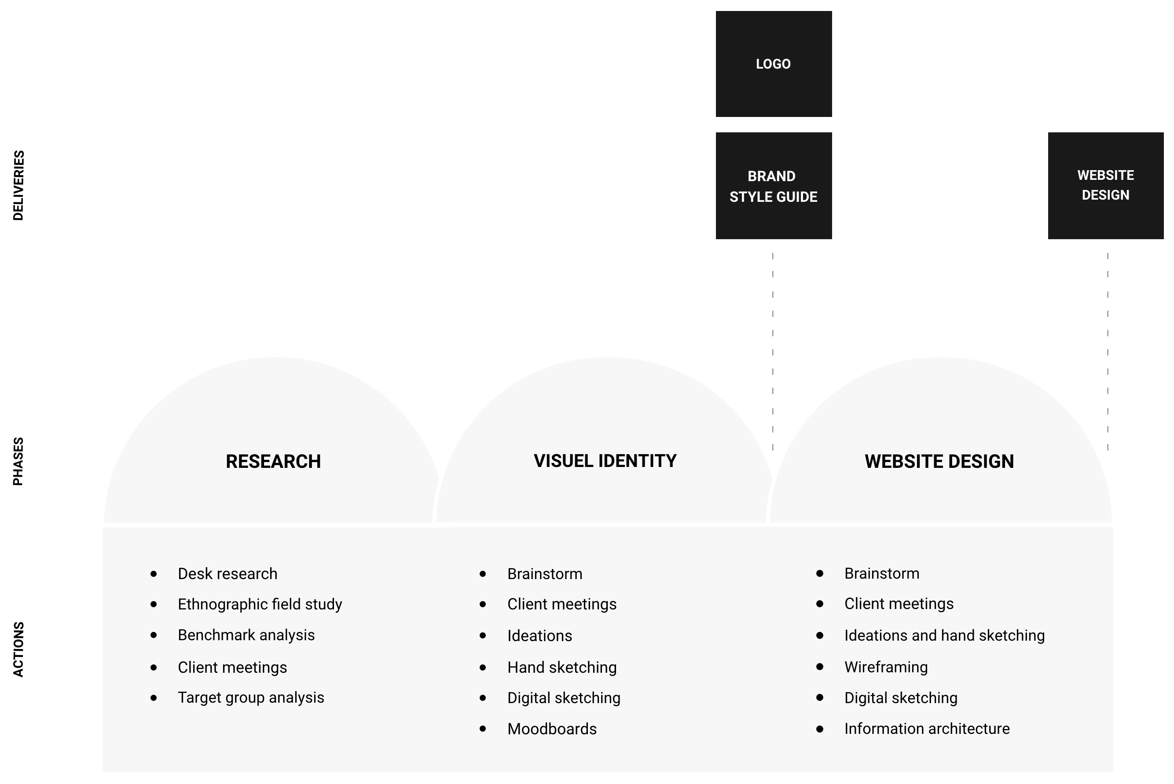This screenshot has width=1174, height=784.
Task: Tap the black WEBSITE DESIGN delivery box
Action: (x=1105, y=186)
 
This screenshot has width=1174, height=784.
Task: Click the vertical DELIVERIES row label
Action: (x=18, y=186)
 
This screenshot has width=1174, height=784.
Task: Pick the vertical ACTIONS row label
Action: (x=18, y=649)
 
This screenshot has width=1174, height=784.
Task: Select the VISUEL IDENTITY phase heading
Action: (x=605, y=461)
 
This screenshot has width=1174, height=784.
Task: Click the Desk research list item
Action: (x=227, y=574)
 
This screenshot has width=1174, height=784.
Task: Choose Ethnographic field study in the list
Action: (x=260, y=605)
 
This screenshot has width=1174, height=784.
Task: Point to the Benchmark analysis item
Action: (x=246, y=635)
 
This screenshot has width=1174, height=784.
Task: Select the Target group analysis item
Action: (x=251, y=698)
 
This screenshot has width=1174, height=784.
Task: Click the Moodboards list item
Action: (x=552, y=729)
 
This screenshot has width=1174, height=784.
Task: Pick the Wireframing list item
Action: (x=886, y=667)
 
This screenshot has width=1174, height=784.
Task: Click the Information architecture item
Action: (x=927, y=729)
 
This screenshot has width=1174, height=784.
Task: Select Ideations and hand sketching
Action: (x=944, y=636)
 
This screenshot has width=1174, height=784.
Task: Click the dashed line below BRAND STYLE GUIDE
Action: (x=773, y=350)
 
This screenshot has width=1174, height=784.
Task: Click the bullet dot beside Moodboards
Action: (x=483, y=729)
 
